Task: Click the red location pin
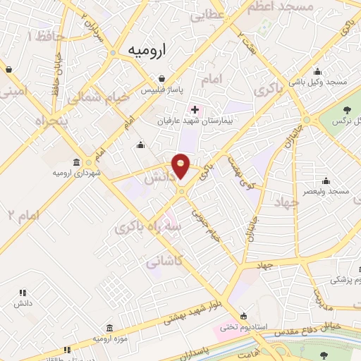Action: (x=181, y=166)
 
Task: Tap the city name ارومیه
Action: (x=147, y=51)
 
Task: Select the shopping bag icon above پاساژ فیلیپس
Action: (x=163, y=79)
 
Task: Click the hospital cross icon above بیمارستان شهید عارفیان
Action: (x=195, y=110)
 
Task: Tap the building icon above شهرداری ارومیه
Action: (x=76, y=162)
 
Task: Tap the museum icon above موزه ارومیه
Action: (x=109, y=329)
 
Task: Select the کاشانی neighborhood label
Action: (x=164, y=262)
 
